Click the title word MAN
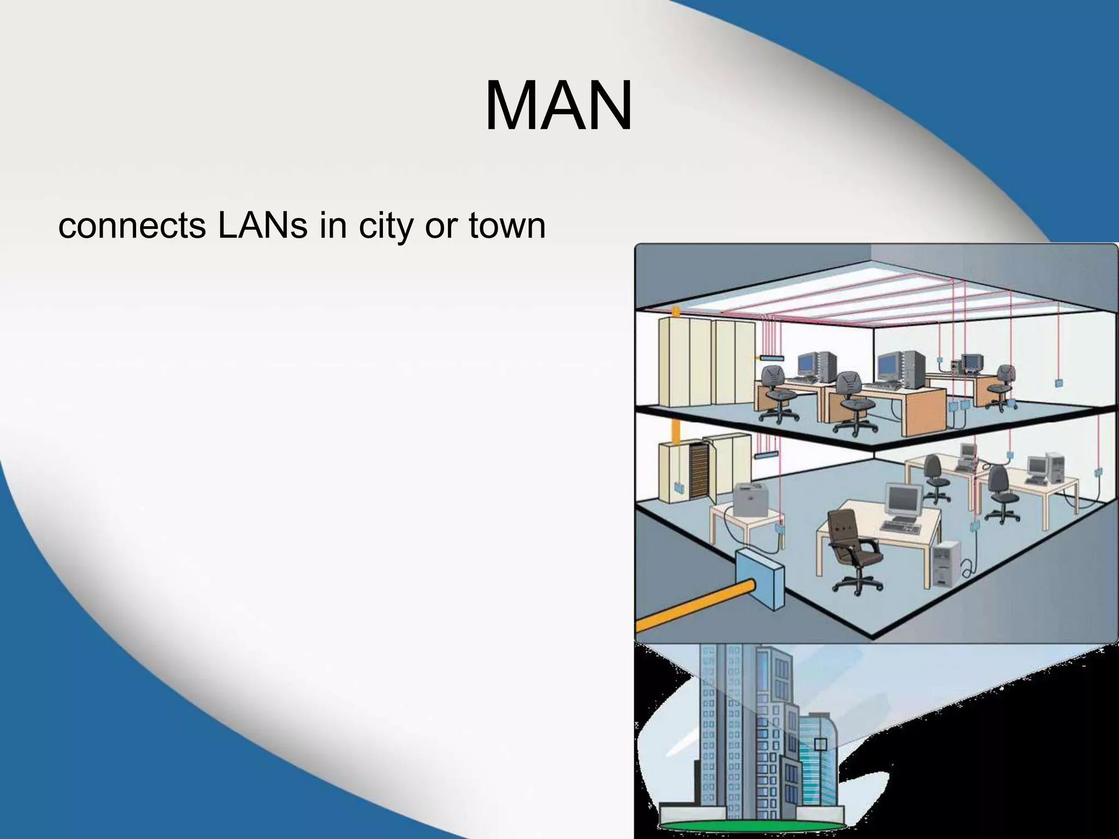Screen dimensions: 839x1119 558,106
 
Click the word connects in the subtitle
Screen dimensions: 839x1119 132,226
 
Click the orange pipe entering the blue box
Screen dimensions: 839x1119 688,606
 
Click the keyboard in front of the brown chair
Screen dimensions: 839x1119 901,528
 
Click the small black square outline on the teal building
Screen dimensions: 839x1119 820,745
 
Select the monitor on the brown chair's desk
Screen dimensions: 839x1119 902,499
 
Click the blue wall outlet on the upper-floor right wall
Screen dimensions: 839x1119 1058,383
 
